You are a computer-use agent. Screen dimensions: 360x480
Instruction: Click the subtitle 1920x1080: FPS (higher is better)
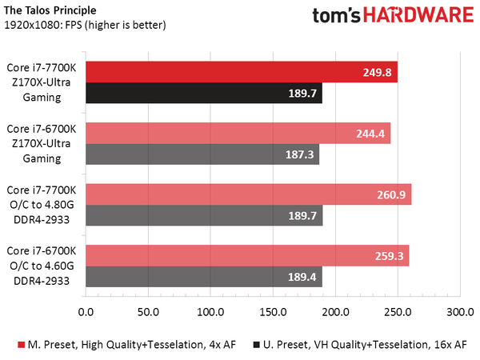tap(84, 25)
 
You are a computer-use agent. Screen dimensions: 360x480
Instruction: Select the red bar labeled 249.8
tap(241, 72)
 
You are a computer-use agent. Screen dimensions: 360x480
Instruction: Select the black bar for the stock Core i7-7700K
tap(203, 93)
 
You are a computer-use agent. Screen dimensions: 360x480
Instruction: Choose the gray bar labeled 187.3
tap(202, 154)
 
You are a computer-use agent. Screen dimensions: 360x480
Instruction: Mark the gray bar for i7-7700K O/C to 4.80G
tap(203, 214)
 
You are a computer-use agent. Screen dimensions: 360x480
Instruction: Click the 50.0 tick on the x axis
tap(147, 311)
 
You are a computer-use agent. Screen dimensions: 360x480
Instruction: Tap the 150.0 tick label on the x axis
tap(272, 311)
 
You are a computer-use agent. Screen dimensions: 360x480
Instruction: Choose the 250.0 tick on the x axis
tap(397, 311)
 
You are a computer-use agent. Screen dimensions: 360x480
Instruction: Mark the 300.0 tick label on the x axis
tap(459, 311)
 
